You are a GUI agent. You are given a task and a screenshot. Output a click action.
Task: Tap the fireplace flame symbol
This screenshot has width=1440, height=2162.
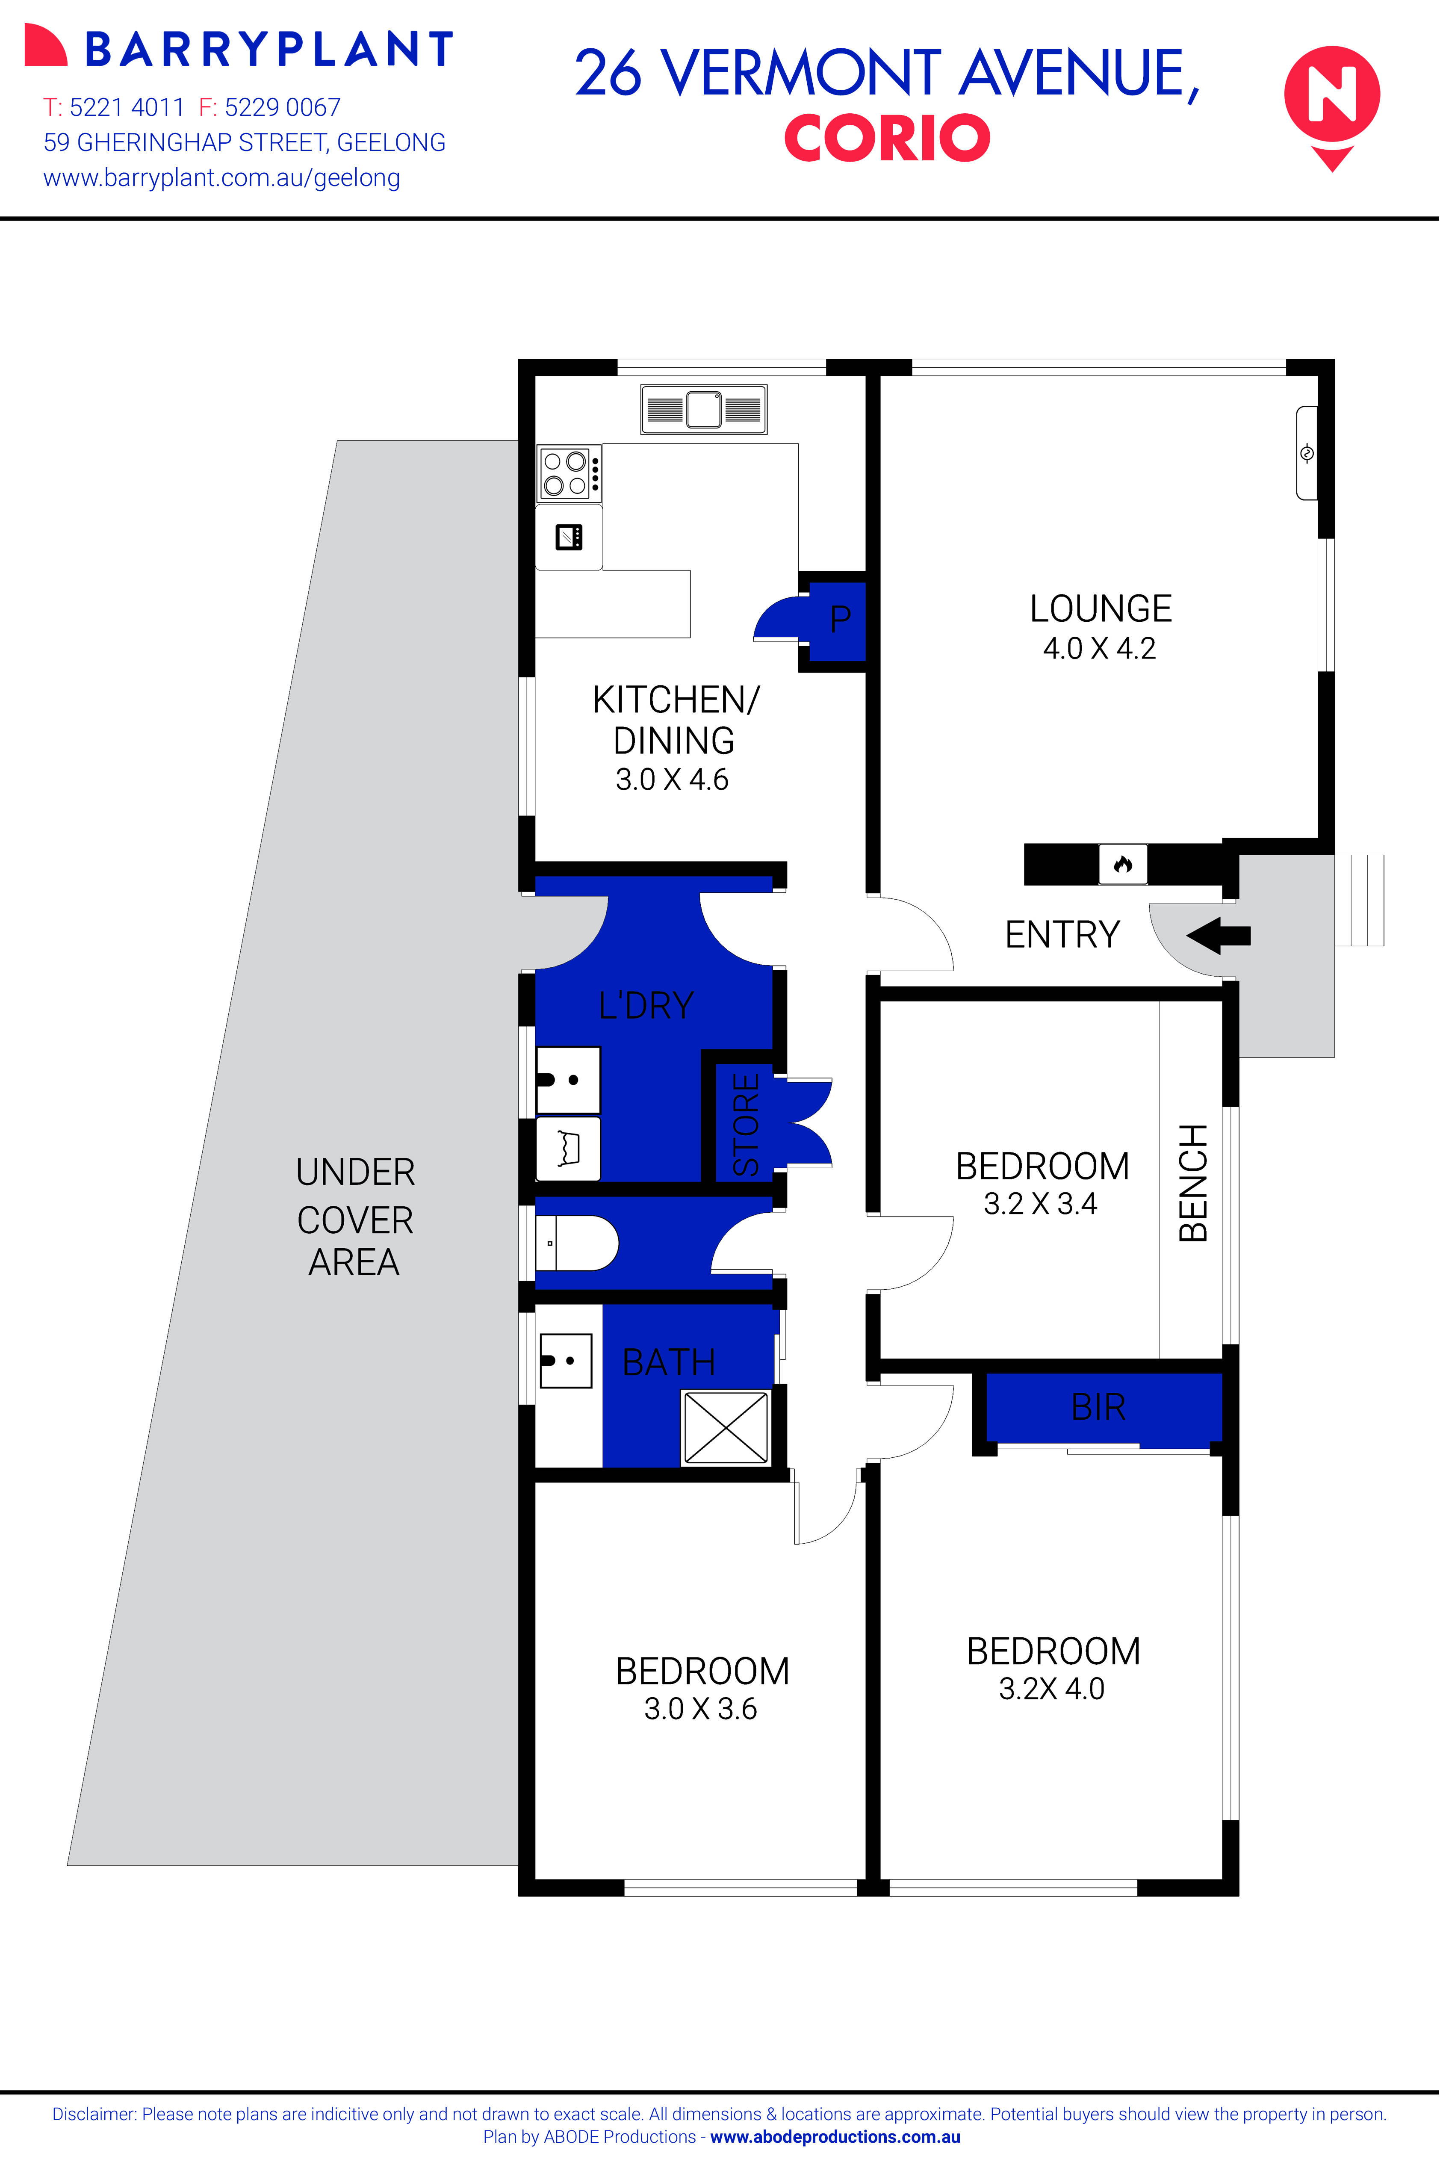pos(1122,864)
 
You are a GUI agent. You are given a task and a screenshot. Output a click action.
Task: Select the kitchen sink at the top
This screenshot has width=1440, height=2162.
pos(703,410)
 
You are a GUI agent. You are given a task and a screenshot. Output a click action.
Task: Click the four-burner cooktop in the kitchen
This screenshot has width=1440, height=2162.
pos(566,472)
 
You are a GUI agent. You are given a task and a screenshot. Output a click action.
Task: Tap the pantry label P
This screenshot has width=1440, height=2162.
pos(839,620)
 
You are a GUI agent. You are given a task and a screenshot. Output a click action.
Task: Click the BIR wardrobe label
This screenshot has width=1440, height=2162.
pos(1098,1407)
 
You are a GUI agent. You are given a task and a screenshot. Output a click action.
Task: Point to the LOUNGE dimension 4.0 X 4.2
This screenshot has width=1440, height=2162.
pos(1099,648)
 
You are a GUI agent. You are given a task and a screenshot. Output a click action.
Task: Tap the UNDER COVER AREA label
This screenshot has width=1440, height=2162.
pos(354,1217)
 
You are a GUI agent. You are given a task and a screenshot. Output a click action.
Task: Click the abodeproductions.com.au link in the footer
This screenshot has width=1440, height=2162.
pos(835,2136)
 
